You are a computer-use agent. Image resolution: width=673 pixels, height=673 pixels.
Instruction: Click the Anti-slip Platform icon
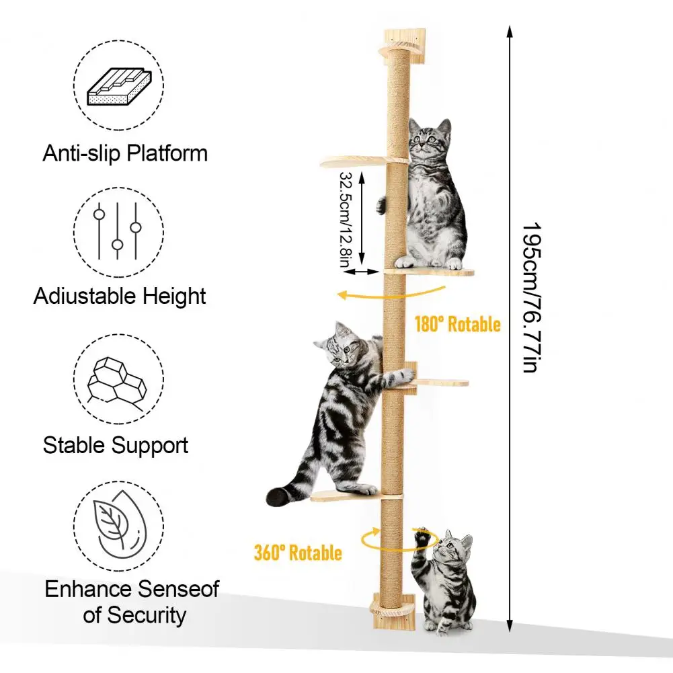tap(118, 85)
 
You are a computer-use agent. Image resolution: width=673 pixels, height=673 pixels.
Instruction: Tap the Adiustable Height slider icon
tap(118, 231)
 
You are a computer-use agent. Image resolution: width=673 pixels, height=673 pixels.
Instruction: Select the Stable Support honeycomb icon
tap(118, 381)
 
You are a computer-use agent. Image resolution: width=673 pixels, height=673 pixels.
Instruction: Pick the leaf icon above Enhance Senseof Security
tap(118, 527)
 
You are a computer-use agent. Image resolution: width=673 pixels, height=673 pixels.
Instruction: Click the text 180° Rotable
tap(457, 325)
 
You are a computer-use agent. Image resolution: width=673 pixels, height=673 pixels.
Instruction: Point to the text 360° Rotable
tap(297, 553)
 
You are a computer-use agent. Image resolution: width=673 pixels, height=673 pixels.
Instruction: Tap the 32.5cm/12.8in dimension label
tap(344, 219)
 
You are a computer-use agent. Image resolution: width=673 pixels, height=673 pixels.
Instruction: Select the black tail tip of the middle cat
tap(278, 497)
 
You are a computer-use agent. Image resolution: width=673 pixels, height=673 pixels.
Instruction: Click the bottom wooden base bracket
tap(396, 611)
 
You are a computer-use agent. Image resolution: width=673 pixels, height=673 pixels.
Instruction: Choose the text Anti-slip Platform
tap(125, 153)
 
